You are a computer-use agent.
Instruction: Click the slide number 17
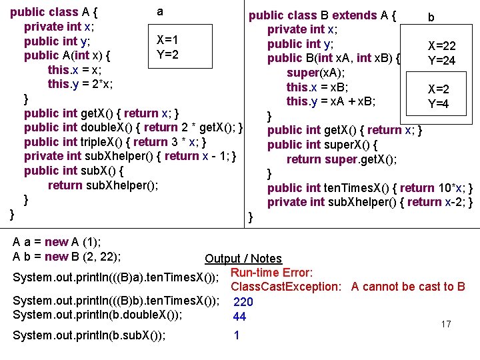[446, 325]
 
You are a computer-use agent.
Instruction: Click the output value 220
[243, 301]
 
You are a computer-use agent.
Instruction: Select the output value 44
[239, 317]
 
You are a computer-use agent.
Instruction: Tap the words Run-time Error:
[271, 272]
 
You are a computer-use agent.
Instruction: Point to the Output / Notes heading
[243, 259]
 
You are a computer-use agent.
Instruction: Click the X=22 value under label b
[442, 46]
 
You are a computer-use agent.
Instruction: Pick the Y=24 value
[441, 61]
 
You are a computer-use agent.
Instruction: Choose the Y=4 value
[438, 104]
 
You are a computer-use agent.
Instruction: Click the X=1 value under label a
[167, 40]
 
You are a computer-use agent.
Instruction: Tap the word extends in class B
[354, 15]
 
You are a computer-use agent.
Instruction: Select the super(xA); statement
[315, 73]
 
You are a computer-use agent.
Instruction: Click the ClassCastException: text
[287, 287]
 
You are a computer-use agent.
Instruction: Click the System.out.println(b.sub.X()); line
[89, 335]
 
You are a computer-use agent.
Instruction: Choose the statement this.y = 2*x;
[79, 84]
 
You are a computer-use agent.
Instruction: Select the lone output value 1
[237, 335]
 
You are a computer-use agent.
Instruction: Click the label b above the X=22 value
[431, 17]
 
